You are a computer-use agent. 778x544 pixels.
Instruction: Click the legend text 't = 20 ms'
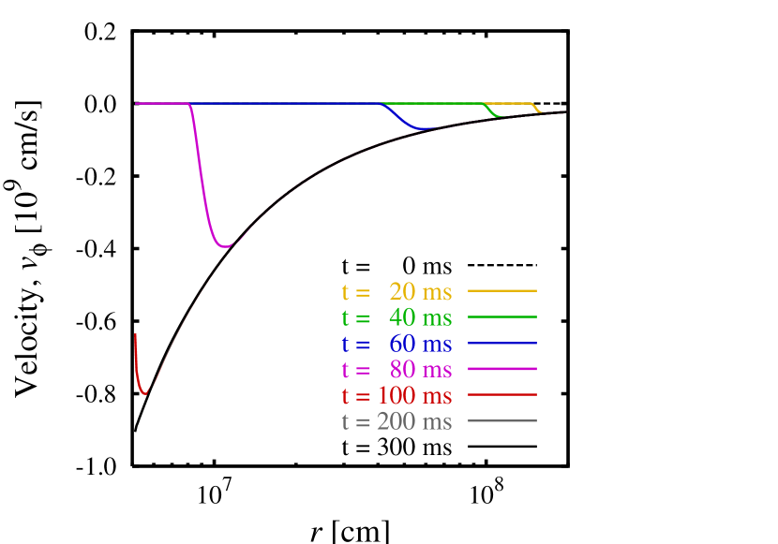coord(396,292)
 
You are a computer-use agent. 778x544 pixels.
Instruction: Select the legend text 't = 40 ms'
coord(396,318)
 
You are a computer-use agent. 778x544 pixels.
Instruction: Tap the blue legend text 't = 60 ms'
coord(396,344)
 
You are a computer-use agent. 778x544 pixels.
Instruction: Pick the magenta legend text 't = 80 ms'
coord(396,370)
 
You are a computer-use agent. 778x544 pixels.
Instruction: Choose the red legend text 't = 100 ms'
coord(396,396)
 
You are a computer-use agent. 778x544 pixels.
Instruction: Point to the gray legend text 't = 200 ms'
coord(396,421)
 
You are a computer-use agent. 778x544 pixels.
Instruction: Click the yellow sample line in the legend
coord(501,291)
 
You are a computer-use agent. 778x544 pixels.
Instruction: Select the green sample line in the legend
coord(501,317)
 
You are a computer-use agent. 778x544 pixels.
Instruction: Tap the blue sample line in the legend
coord(501,344)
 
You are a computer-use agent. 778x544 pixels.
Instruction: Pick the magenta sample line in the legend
coord(501,369)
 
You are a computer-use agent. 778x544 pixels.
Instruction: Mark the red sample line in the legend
coord(501,395)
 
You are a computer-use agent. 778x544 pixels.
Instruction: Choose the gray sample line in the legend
coord(501,421)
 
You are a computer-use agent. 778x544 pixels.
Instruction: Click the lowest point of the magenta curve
coord(225,246)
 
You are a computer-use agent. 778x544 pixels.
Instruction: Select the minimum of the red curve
coord(143,393)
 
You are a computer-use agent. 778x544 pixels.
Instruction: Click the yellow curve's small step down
coord(536,109)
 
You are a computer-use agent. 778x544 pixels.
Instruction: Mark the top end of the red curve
coord(136,334)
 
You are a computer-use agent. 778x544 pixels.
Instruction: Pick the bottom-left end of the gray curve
coord(135,428)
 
